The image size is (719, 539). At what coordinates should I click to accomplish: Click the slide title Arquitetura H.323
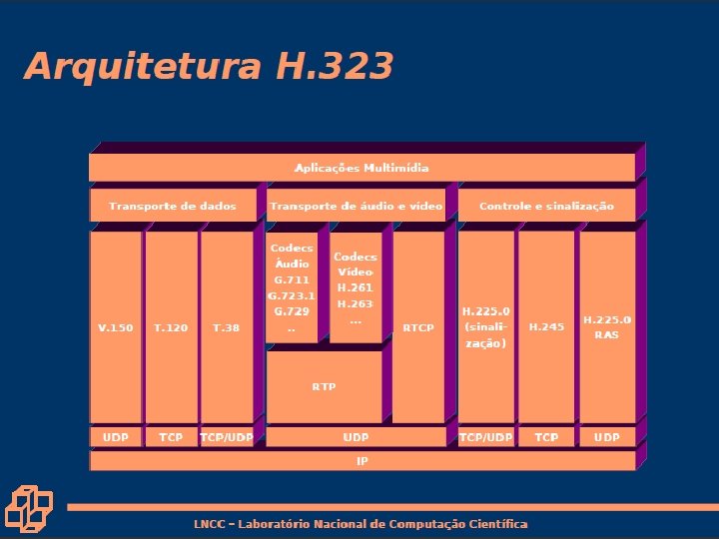[x=208, y=66]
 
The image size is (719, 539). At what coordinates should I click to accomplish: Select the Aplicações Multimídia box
[x=361, y=168]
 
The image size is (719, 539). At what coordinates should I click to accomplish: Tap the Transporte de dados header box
[x=173, y=206]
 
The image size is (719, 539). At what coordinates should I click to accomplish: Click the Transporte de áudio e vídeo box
[x=355, y=206]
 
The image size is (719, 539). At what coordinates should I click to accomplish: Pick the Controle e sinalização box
[x=546, y=206]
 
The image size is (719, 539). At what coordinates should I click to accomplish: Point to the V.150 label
[x=115, y=327]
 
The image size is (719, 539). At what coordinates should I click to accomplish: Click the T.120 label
[x=171, y=327]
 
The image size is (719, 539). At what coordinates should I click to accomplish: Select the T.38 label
[x=226, y=327]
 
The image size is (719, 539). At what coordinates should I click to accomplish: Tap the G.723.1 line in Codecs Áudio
[x=292, y=295]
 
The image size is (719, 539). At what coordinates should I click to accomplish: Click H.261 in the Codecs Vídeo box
[x=355, y=287]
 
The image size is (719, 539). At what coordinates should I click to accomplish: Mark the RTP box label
[x=324, y=385]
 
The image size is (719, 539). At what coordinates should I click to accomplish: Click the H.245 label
[x=546, y=327]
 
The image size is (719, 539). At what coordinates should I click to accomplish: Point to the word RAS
[x=606, y=334]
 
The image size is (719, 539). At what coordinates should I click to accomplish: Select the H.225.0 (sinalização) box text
[x=485, y=326]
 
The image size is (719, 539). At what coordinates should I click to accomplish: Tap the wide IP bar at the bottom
[x=361, y=461]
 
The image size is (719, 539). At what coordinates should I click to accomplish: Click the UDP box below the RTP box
[x=355, y=437]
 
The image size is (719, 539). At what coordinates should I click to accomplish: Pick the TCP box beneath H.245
[x=546, y=437]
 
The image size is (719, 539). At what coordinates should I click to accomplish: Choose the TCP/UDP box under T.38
[x=226, y=437]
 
